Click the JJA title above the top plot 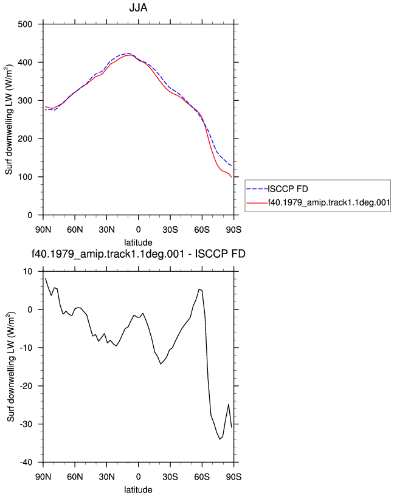pyautogui.click(x=138, y=7)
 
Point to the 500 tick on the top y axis pyautogui.click(x=25, y=24)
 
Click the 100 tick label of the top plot pyautogui.click(x=25, y=177)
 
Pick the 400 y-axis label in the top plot pyautogui.click(x=25, y=63)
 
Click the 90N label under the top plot pyautogui.click(x=43, y=230)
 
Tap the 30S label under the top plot pyautogui.click(x=170, y=230)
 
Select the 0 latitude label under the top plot pyautogui.click(x=138, y=230)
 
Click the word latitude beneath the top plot pyautogui.click(x=138, y=243)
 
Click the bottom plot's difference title pyautogui.click(x=138, y=253)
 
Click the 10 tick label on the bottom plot pyautogui.click(x=28, y=272)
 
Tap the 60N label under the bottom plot pyautogui.click(x=75, y=477)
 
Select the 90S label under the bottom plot pyautogui.click(x=234, y=477)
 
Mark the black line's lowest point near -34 pyautogui.click(x=219, y=439)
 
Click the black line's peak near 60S pyautogui.click(x=199, y=289)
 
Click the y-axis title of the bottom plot pyautogui.click(x=11, y=367)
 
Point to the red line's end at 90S pyautogui.click(x=232, y=177)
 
